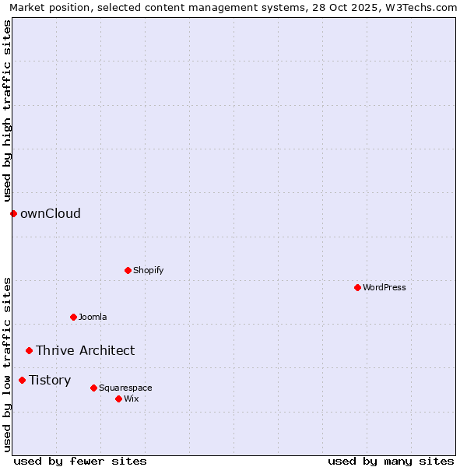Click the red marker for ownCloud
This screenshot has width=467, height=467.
[x=13, y=213]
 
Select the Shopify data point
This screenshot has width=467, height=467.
[x=128, y=270]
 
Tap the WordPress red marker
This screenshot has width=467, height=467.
[x=357, y=287]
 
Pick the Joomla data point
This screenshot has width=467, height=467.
[x=73, y=317]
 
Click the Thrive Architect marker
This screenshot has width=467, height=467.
[x=29, y=350]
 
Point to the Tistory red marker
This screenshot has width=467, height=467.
[x=22, y=380]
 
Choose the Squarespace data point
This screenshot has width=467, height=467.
[x=93, y=388]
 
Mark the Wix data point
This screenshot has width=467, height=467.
[x=118, y=399]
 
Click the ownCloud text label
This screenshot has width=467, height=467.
[x=51, y=213]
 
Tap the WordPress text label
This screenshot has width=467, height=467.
[x=384, y=287]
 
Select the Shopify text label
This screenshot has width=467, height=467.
[x=148, y=270]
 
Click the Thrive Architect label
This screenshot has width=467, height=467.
[x=85, y=350]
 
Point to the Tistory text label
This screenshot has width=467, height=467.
[x=50, y=380]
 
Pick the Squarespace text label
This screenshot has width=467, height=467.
[x=125, y=388]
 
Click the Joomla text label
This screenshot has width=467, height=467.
[x=93, y=317]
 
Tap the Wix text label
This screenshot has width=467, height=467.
[x=131, y=399]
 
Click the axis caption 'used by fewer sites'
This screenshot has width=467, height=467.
[x=80, y=461]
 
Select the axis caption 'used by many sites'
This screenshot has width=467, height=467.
[x=391, y=461]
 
